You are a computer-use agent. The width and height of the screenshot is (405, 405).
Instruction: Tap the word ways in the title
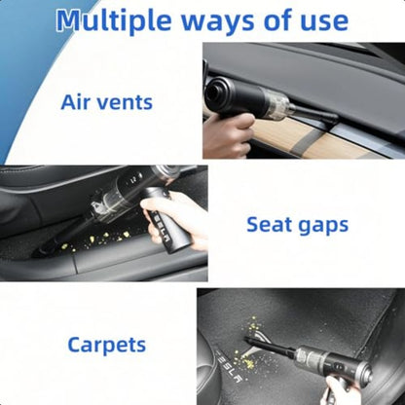click(223, 20)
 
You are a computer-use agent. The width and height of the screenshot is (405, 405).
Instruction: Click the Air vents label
click(106, 101)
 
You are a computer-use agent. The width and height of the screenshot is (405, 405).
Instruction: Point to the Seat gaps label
click(296, 224)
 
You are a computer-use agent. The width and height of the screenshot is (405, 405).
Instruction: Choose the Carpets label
click(107, 345)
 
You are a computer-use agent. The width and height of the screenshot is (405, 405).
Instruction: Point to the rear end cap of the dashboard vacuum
click(212, 93)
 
